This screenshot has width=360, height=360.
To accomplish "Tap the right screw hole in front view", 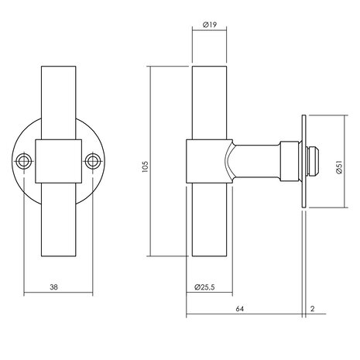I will coord(94,162).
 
